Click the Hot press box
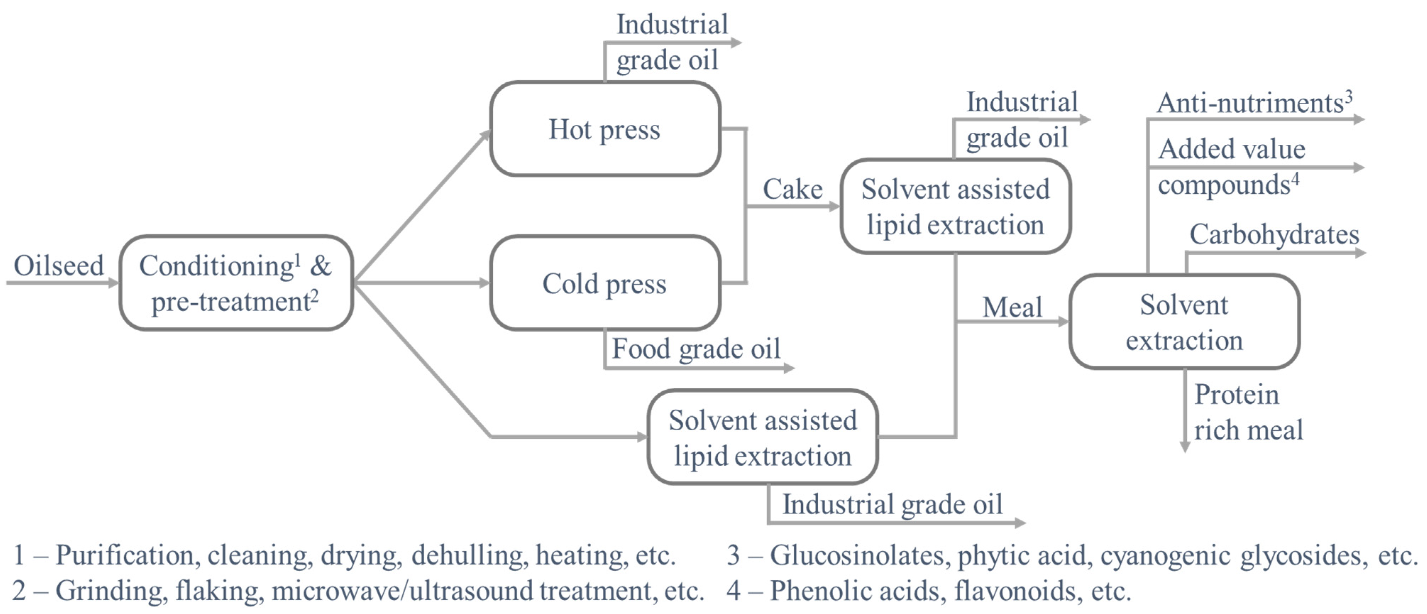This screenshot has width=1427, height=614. (x=605, y=129)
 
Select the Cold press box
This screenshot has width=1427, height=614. (x=605, y=283)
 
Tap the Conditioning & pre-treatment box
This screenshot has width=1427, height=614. (x=236, y=283)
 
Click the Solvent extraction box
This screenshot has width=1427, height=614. (x=1184, y=322)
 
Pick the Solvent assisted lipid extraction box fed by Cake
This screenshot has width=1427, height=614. (x=955, y=206)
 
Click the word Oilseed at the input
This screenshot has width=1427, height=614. (x=59, y=266)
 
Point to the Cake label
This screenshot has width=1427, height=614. (x=792, y=189)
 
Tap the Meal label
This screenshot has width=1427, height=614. (x=1012, y=307)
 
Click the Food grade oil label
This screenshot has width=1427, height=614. (x=696, y=349)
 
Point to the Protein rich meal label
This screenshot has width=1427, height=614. (x=1247, y=413)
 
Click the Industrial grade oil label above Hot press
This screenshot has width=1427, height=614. (x=671, y=42)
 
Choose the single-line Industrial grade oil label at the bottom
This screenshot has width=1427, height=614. (x=892, y=504)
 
